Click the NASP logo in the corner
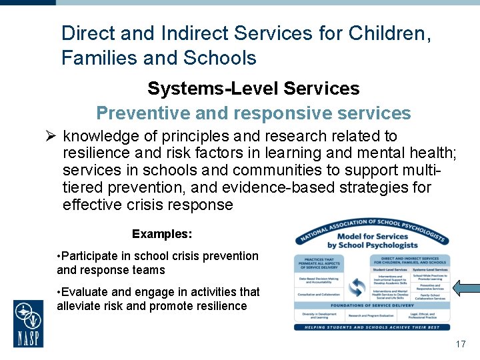pos(28,323)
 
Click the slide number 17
pos(460,345)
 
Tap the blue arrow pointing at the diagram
pos(466,287)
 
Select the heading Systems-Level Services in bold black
pos(253,89)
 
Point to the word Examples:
pos(162,234)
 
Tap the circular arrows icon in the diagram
pos(357,287)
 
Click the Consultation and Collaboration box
pos(319,294)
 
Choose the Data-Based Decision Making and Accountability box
pos(319,281)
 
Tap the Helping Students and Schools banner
pos(372,326)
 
